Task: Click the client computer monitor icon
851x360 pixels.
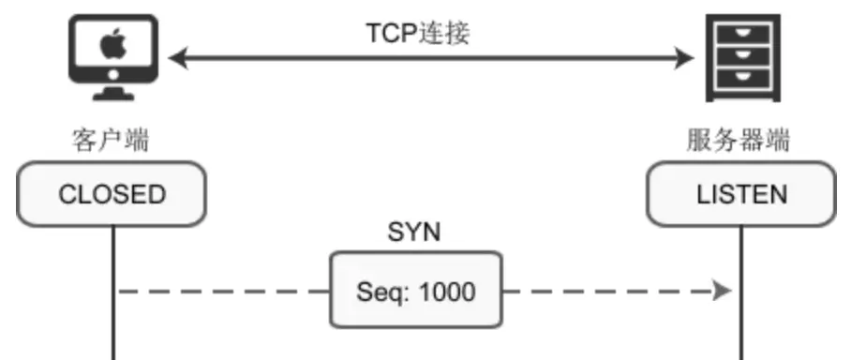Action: [x=113, y=57]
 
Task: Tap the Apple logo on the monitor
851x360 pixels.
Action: [x=113, y=44]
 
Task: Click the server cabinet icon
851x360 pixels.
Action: [x=743, y=58]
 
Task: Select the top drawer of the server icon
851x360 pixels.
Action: [x=743, y=34]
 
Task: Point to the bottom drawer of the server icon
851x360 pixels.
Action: [x=743, y=79]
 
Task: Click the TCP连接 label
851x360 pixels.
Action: [x=418, y=33]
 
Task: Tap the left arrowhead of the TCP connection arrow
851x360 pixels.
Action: [x=179, y=58]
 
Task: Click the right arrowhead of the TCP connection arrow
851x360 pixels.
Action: [x=684, y=58]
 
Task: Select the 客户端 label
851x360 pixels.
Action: [x=111, y=140]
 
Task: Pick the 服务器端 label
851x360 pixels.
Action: [x=739, y=140]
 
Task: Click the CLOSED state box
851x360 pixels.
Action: [x=112, y=194]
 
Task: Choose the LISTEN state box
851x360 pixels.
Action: [x=741, y=194]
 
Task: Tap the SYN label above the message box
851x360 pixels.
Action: [x=414, y=232]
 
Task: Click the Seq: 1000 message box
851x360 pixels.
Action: [x=416, y=290]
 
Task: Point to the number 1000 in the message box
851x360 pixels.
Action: [x=448, y=292]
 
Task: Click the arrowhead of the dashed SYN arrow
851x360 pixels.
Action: [x=722, y=291]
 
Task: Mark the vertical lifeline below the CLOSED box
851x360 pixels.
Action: [x=113, y=293]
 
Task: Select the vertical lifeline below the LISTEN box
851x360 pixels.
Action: [x=741, y=293]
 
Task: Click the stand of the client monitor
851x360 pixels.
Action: [x=113, y=93]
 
